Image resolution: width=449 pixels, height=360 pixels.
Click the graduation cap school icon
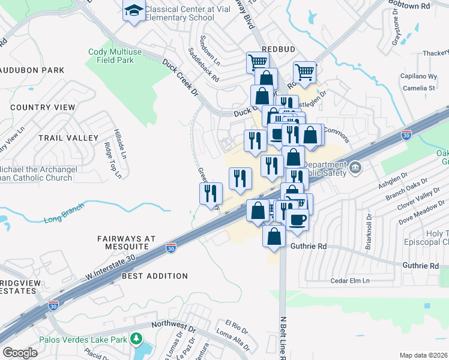tap(134, 10)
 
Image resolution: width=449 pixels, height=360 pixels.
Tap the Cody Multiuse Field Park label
tap(115, 56)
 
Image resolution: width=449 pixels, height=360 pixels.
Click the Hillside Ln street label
tap(118, 142)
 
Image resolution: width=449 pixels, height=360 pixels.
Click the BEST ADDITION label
tap(155, 276)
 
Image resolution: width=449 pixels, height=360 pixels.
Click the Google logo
tap(20, 353)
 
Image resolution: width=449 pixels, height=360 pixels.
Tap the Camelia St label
tap(419, 88)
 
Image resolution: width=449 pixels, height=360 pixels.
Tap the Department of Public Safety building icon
tap(355, 166)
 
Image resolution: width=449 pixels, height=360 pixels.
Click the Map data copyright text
tap(424, 355)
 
